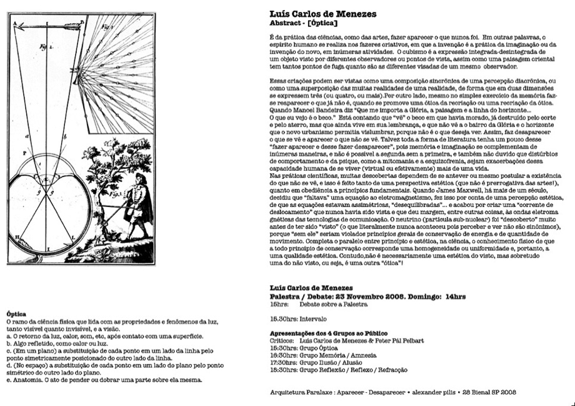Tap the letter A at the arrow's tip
[x=16, y=20]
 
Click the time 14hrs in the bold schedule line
[x=457, y=296]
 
